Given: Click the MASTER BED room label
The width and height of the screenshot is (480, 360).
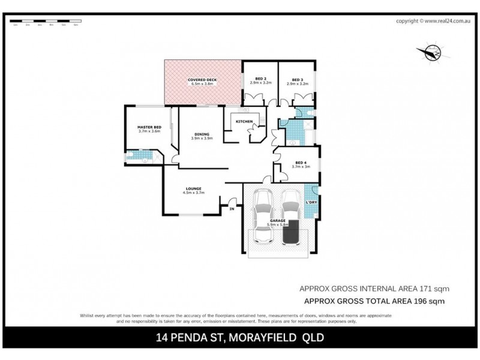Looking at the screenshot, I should [149, 128].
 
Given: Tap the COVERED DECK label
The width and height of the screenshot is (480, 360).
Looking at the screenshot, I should [203, 80].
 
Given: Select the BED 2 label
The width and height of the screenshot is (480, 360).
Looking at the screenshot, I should [260, 79].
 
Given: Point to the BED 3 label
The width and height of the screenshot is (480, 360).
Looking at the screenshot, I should [297, 79].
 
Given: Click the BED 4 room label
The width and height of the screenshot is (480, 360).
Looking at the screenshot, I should [300, 162].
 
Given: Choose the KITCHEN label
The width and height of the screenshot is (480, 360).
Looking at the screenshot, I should [244, 122].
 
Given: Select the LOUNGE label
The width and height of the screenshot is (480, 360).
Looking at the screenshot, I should [193, 189].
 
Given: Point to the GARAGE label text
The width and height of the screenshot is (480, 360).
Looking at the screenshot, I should [277, 221].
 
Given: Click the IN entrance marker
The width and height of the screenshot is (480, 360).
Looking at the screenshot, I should [232, 208].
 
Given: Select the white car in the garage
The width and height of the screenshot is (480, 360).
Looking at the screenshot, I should [265, 216].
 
